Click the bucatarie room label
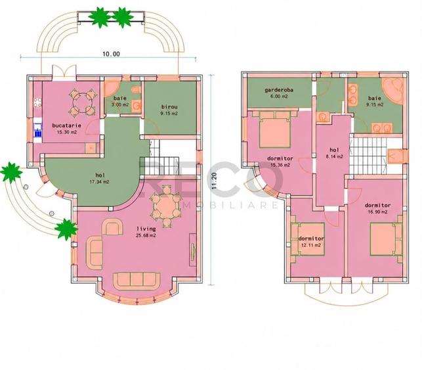tap(66, 126)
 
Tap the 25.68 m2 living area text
tap(146, 235)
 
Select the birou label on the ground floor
tap(169, 106)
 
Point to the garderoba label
tap(279, 90)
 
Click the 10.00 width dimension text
tap(111, 54)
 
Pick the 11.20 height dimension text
tap(214, 181)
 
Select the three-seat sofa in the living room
tap(137, 281)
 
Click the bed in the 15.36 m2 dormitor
tap(275, 129)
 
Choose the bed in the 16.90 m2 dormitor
tap(387, 239)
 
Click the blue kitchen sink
tap(38, 130)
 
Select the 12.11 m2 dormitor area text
tap(311, 245)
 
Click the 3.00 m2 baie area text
tap(120, 104)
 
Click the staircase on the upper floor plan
tap(368, 155)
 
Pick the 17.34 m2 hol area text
tap(99, 182)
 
